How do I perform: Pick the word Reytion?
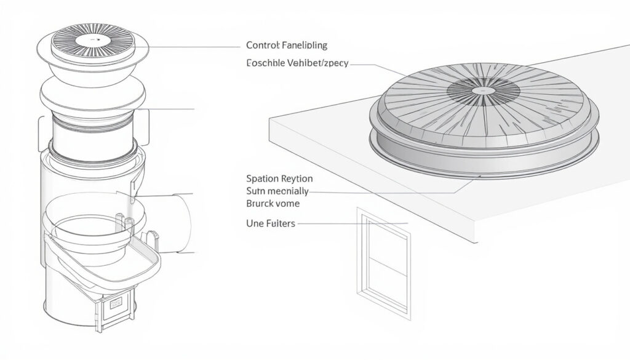(x=297, y=178)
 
